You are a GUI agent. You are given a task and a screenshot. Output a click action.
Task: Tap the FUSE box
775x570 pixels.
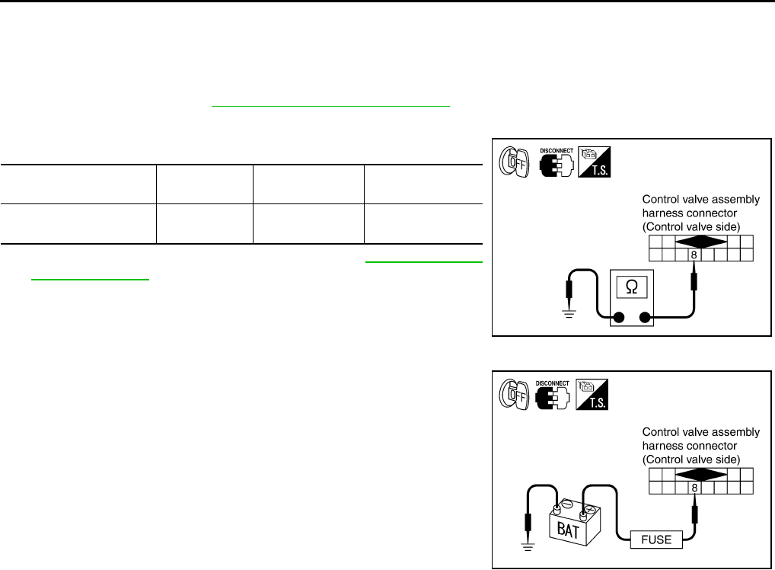coord(655,540)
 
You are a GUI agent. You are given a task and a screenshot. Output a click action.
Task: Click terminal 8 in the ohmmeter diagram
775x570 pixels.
coord(694,255)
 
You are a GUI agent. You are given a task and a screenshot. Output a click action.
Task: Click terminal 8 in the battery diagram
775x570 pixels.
coord(694,487)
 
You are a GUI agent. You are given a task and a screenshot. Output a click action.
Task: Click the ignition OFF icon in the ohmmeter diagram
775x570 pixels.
coord(512,162)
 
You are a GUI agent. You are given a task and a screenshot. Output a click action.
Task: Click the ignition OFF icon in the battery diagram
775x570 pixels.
coord(512,394)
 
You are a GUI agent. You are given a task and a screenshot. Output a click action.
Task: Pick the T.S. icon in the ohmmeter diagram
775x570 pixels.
coord(597,162)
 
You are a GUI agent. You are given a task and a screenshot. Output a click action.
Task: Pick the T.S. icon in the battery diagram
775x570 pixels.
coord(597,394)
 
